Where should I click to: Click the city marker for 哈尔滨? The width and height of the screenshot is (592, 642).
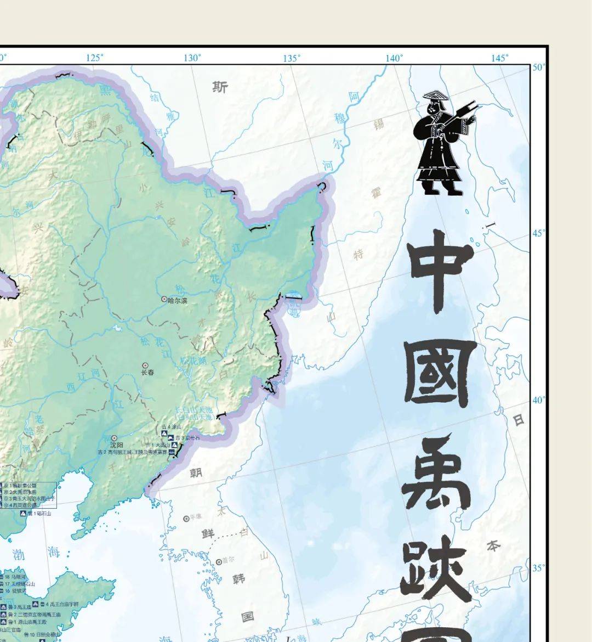point(163,300)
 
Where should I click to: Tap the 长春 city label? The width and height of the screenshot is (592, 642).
point(147,373)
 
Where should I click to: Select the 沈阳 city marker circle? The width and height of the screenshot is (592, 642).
point(114,438)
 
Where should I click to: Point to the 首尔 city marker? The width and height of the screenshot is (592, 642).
point(219,562)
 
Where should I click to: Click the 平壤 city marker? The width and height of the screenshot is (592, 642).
point(186,518)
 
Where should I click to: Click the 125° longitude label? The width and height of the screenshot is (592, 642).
point(94,58)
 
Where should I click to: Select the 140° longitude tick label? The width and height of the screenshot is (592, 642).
point(394,58)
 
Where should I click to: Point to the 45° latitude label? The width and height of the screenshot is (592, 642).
point(539,233)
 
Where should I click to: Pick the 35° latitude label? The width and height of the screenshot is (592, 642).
point(539,568)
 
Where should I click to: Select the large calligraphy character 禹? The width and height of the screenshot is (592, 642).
point(437,472)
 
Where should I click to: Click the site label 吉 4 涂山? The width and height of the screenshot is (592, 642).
point(170,426)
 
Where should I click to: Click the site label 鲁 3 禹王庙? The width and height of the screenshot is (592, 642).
point(22,607)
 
